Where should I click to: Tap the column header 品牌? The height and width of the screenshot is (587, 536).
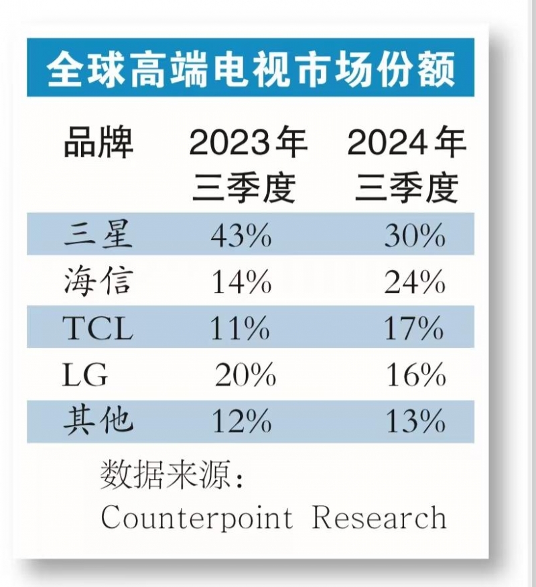(98, 143)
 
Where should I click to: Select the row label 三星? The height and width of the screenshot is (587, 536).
(98, 235)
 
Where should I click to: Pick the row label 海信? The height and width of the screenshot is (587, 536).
(98, 281)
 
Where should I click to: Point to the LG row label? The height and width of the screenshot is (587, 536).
(84, 375)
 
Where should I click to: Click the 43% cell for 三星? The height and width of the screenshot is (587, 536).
(241, 236)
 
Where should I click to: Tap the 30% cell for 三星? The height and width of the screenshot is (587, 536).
(415, 236)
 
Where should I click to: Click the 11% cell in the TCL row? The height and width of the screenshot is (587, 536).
(241, 329)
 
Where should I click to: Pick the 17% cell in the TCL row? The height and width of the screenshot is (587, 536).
(415, 329)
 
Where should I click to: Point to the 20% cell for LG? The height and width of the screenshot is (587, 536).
(245, 376)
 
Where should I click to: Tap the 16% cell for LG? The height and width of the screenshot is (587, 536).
(416, 376)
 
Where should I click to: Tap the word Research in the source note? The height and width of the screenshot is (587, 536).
(379, 517)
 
